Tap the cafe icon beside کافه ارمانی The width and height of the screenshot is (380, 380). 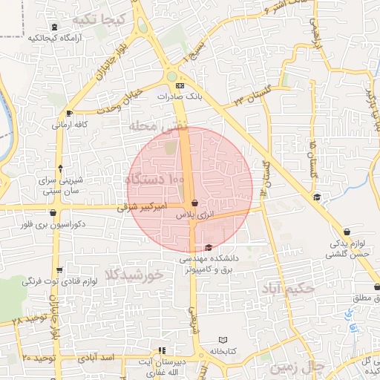click(x=69, y=114)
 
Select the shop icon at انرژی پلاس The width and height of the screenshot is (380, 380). click(x=194, y=203)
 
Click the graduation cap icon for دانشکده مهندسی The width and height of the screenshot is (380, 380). click(x=208, y=247)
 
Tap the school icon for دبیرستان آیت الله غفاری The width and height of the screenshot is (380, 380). click(x=163, y=350)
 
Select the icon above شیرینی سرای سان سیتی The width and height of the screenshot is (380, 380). click(x=59, y=168)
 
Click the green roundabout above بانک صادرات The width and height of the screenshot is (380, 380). click(x=172, y=76)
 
